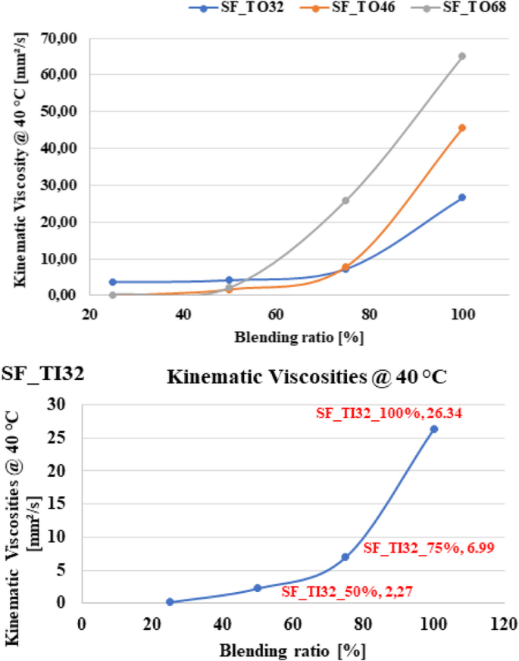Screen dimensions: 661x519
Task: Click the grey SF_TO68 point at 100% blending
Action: click(x=461, y=56)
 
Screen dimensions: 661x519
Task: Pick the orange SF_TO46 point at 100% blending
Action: click(x=461, y=128)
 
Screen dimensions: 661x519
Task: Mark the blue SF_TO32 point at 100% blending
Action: click(x=461, y=197)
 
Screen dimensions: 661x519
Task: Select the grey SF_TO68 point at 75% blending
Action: click(x=345, y=201)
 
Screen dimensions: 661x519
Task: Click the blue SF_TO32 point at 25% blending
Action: click(x=113, y=282)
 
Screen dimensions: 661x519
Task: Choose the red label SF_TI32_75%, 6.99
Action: click(x=429, y=547)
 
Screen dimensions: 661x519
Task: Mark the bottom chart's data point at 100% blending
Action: click(x=434, y=429)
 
